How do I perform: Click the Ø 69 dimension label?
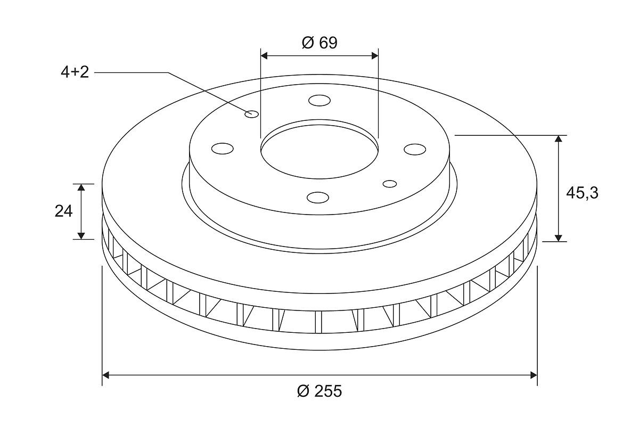click(319, 43)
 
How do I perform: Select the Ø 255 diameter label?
click(319, 391)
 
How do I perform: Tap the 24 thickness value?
click(63, 211)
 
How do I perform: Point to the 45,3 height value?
click(582, 193)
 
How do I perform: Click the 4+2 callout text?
click(75, 72)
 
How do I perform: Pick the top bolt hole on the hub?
click(319, 101)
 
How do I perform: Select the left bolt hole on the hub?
click(223, 149)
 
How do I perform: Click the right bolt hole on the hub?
click(415, 149)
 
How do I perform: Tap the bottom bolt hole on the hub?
click(318, 198)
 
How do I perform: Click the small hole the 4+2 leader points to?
click(251, 114)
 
